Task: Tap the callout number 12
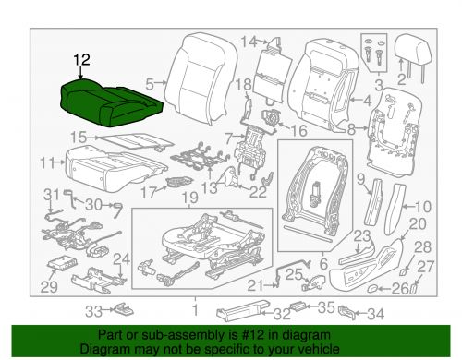[x=82, y=60]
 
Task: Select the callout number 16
[x=298, y=131]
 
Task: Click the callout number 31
[x=51, y=192]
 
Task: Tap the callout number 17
[x=146, y=192]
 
